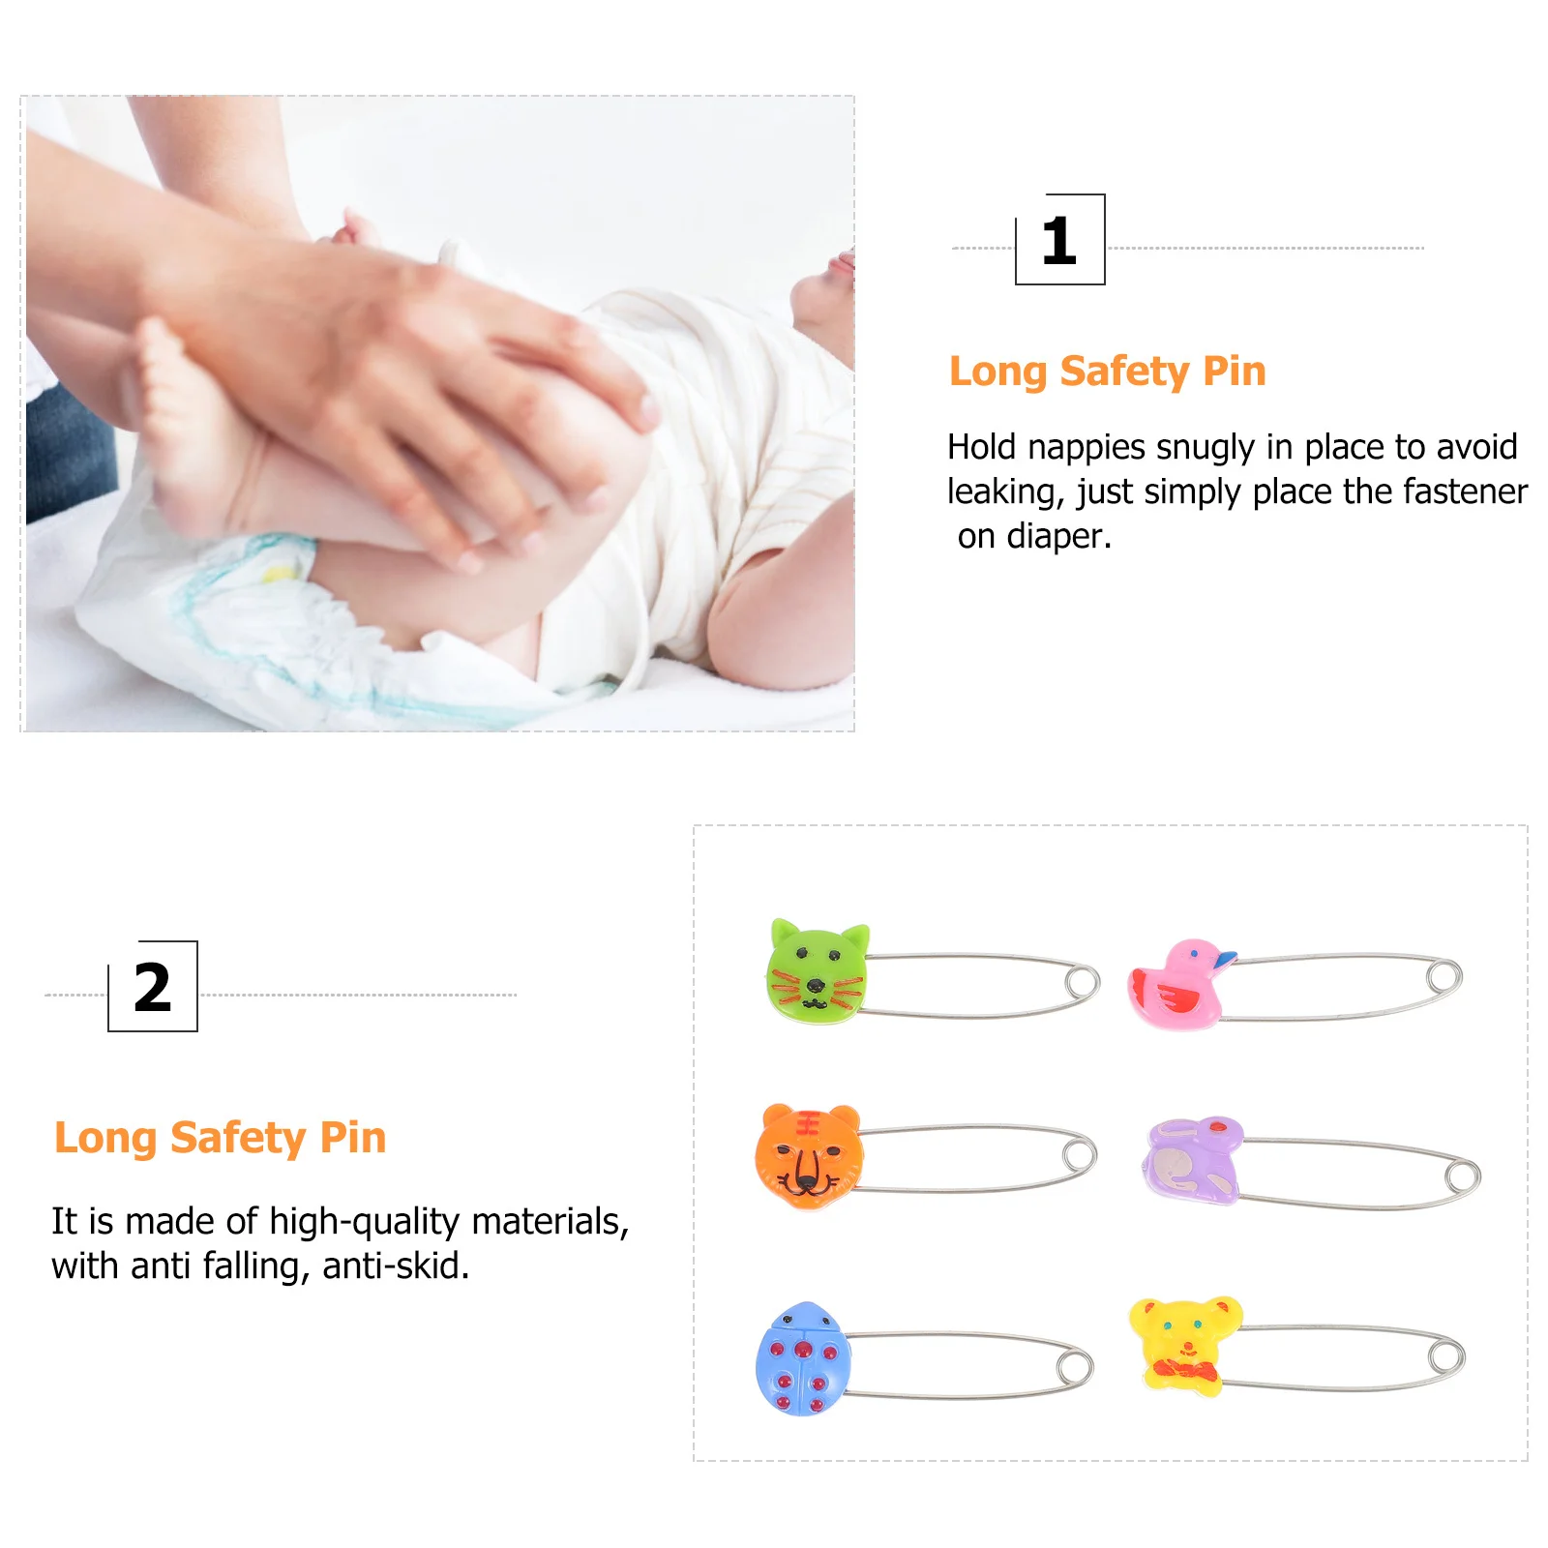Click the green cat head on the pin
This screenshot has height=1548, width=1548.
coord(818,972)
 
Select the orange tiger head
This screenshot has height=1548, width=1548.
coord(809,1155)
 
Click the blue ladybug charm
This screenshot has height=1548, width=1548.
coord(802,1359)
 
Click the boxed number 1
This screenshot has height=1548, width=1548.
coord(1059,241)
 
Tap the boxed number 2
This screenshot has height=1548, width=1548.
coord(153,988)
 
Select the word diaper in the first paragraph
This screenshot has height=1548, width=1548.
coord(1058,536)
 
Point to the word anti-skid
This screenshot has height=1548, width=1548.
coord(396,1266)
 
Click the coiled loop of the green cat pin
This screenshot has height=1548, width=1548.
coord(1082,984)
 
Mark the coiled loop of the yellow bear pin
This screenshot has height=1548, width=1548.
coord(1446,1355)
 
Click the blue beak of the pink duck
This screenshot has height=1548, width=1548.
coord(1225,959)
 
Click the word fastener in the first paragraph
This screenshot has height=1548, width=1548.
coord(1465,492)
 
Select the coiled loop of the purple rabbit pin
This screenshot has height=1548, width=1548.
coord(1462,1177)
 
